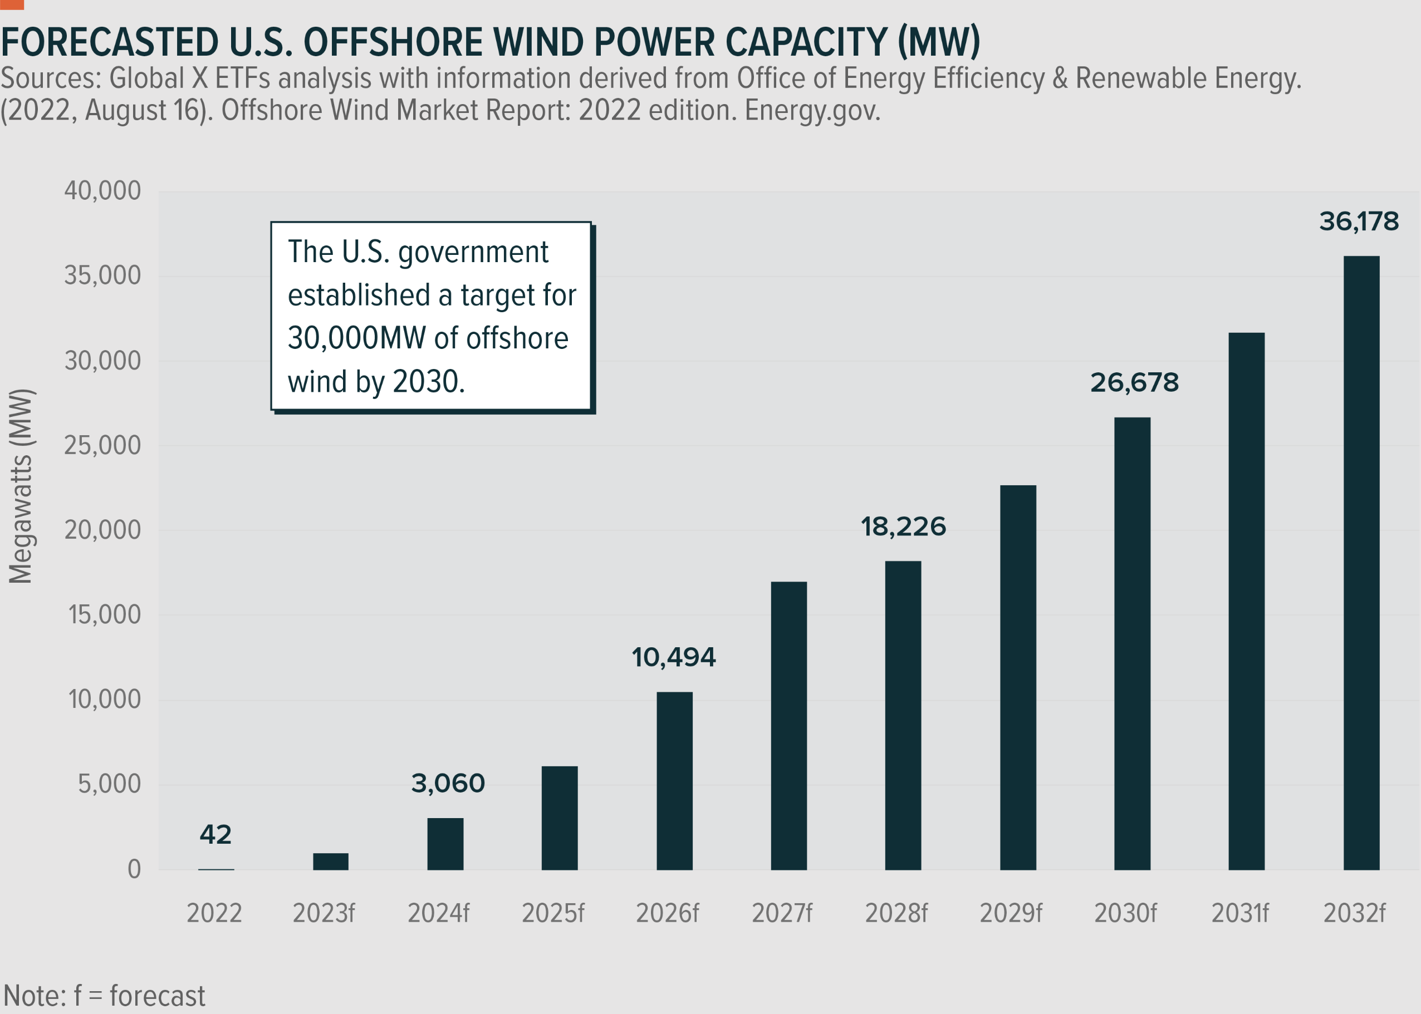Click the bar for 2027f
[x=788, y=726]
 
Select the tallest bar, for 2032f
[x=1361, y=563]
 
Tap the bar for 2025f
[x=559, y=818]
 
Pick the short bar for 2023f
[x=330, y=861]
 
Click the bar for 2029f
[x=1017, y=677]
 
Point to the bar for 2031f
[x=1246, y=600]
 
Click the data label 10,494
[x=673, y=657]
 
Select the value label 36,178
[x=1359, y=221]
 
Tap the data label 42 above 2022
[x=215, y=835]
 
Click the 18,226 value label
[x=903, y=527]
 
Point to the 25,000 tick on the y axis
[x=102, y=446]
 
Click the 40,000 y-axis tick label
[x=102, y=191]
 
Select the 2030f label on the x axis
[x=1125, y=913]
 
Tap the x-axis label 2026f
[x=667, y=913]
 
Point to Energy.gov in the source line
[x=812, y=111]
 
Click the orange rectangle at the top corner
[x=11, y=4]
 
